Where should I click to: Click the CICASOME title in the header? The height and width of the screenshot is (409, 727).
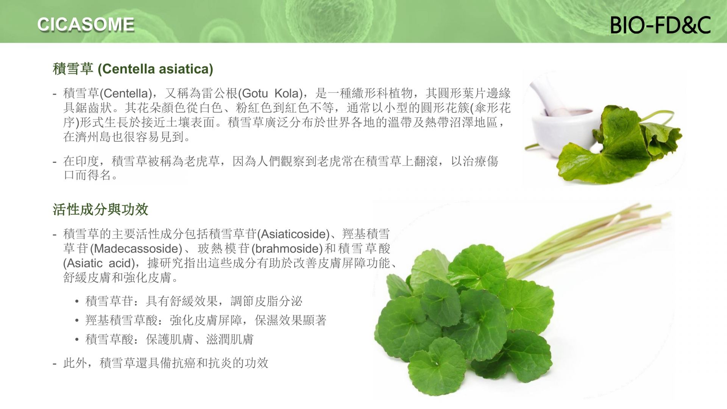pyautogui.click(x=86, y=25)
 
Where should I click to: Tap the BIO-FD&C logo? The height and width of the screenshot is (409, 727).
pyautogui.click(x=660, y=25)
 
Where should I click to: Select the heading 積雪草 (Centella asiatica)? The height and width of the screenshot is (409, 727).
pyautogui.click(x=133, y=69)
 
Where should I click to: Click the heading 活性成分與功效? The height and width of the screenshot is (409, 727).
pyautogui.click(x=100, y=209)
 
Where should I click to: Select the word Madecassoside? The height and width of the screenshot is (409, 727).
pyautogui.click(x=138, y=249)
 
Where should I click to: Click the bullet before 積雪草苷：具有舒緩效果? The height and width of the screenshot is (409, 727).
pyautogui.click(x=77, y=302)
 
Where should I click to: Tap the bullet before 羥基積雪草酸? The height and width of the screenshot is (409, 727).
pyautogui.click(x=77, y=321)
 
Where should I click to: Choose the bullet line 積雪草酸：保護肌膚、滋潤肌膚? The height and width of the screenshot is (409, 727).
pyautogui.click(x=169, y=339)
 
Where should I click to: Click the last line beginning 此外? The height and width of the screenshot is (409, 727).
pyautogui.click(x=161, y=363)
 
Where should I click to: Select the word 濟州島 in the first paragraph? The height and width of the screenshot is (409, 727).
pyautogui.click(x=94, y=137)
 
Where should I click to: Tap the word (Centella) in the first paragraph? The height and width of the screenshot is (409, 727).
pyautogui.click(x=126, y=93)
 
